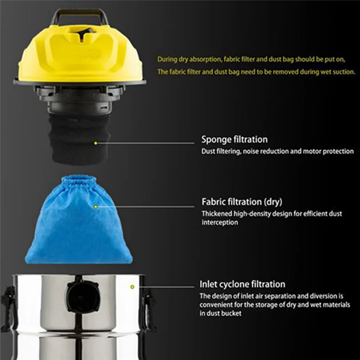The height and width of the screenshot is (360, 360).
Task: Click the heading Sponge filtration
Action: click(x=234, y=139)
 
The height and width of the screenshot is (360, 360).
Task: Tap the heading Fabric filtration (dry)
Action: click(x=242, y=202)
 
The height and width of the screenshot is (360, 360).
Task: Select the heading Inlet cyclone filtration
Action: click(x=242, y=284)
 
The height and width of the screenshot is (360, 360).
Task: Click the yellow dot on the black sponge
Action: click(x=95, y=143)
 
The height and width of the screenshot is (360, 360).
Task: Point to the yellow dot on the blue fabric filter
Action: click(x=95, y=206)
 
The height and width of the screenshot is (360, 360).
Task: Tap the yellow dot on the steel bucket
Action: click(x=132, y=287)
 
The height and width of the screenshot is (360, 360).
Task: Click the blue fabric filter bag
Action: click(x=79, y=225)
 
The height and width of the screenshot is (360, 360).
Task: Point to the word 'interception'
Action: click(x=220, y=222)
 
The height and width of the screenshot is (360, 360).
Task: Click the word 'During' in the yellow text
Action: click(x=166, y=58)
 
